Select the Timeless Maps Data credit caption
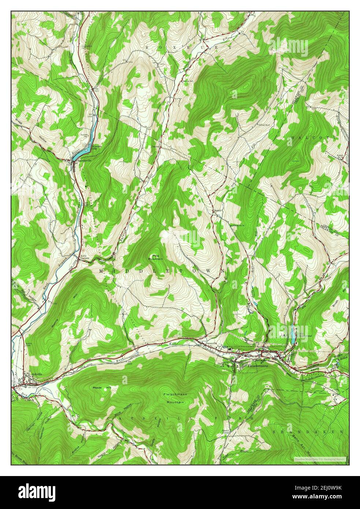point(319,459)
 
